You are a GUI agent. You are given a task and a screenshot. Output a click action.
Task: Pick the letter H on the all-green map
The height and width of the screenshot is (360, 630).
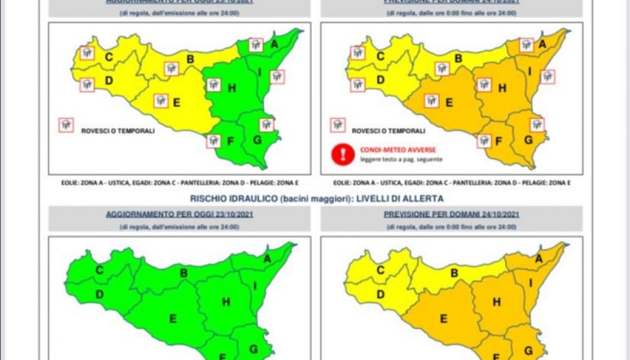pos(226,302)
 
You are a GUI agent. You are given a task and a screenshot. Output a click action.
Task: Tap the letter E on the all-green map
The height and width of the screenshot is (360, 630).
pos(173,319)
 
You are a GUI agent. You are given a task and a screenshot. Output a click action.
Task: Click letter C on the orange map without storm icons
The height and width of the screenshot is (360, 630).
pos(380,271)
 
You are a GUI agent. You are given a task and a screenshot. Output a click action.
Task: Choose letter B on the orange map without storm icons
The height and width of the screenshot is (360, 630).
pos(455,274)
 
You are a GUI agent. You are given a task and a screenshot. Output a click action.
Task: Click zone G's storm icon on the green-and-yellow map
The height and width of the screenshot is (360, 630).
pos(266,125)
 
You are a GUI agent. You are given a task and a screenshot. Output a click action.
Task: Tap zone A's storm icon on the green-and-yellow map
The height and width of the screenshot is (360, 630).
pos(256,45)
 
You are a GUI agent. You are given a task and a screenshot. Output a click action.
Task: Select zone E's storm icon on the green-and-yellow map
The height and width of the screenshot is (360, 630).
pos(160,101)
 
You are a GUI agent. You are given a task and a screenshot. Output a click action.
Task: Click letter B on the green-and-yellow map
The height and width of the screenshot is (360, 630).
pos(190,59)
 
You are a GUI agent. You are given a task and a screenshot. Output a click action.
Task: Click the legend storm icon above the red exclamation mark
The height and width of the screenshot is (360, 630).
pos(338,125)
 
